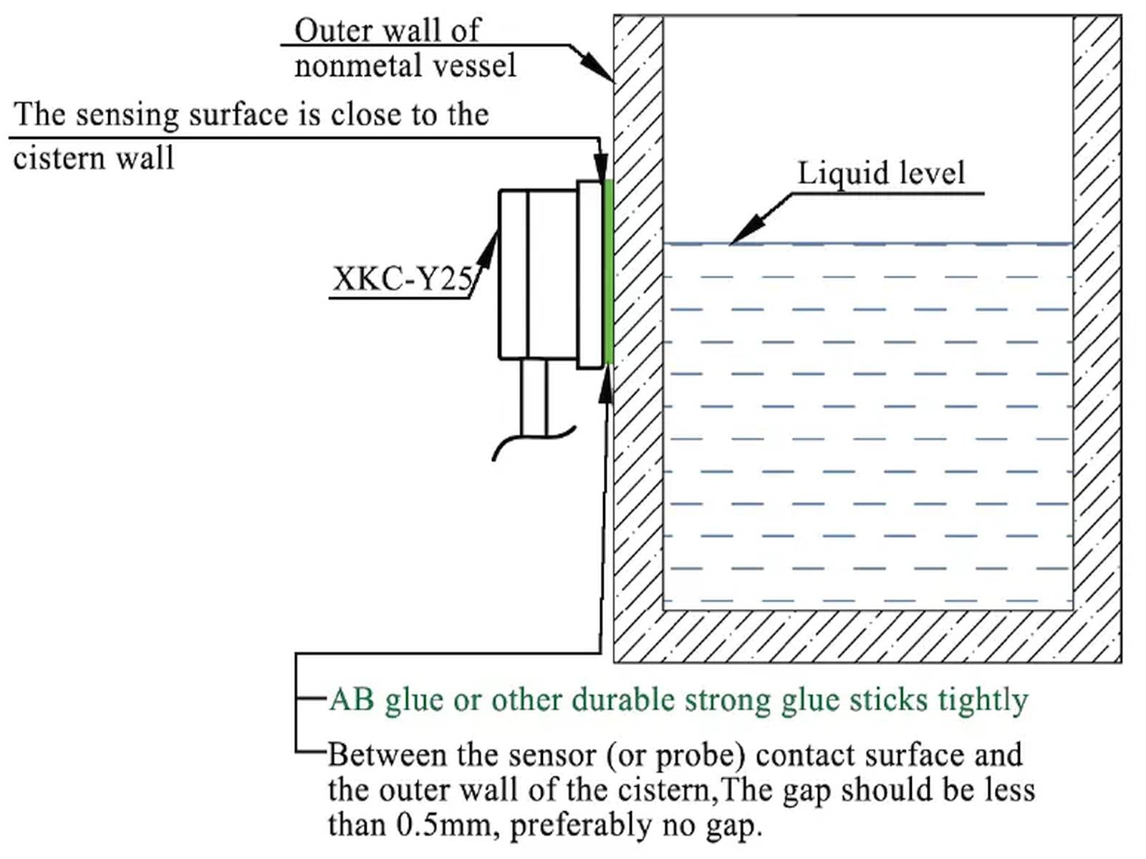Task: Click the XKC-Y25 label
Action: point(403,278)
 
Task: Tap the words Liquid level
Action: point(881,173)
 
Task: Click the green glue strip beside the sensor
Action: point(609,272)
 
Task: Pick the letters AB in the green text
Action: point(352,699)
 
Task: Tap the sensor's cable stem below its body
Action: point(534,397)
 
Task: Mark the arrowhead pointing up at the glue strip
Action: point(606,383)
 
